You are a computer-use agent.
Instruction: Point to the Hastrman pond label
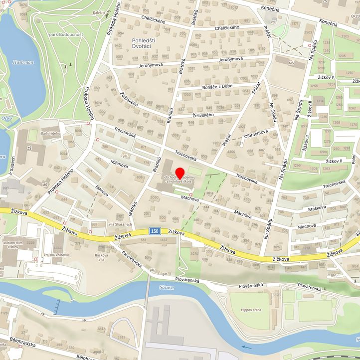tap(23, 62)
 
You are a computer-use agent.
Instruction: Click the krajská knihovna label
tap(56, 255)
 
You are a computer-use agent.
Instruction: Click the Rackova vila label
tap(101, 256)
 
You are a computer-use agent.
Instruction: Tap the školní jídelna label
tap(50, 133)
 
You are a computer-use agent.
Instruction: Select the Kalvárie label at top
tap(99, 12)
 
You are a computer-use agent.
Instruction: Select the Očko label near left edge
tap(6, 118)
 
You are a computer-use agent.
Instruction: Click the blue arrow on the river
tap(247, 348)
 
